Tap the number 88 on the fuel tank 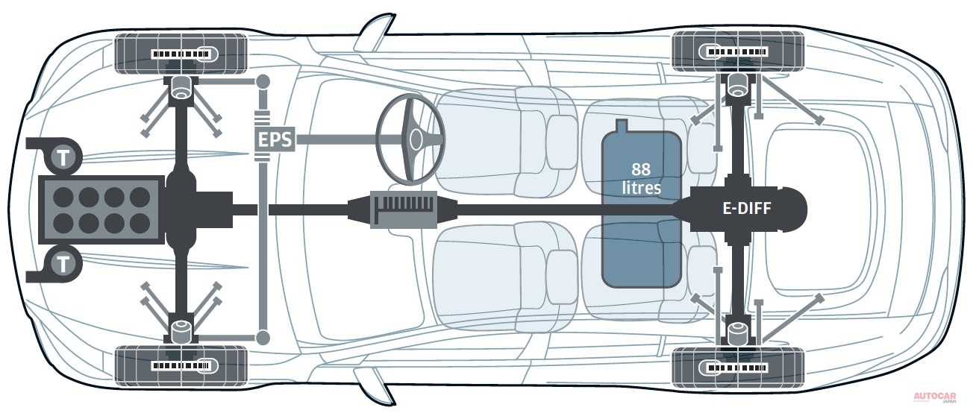point(641,168)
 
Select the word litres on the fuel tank point(641,187)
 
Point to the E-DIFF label point(746,209)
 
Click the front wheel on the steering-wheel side point(181,54)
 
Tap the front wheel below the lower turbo point(181,365)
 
